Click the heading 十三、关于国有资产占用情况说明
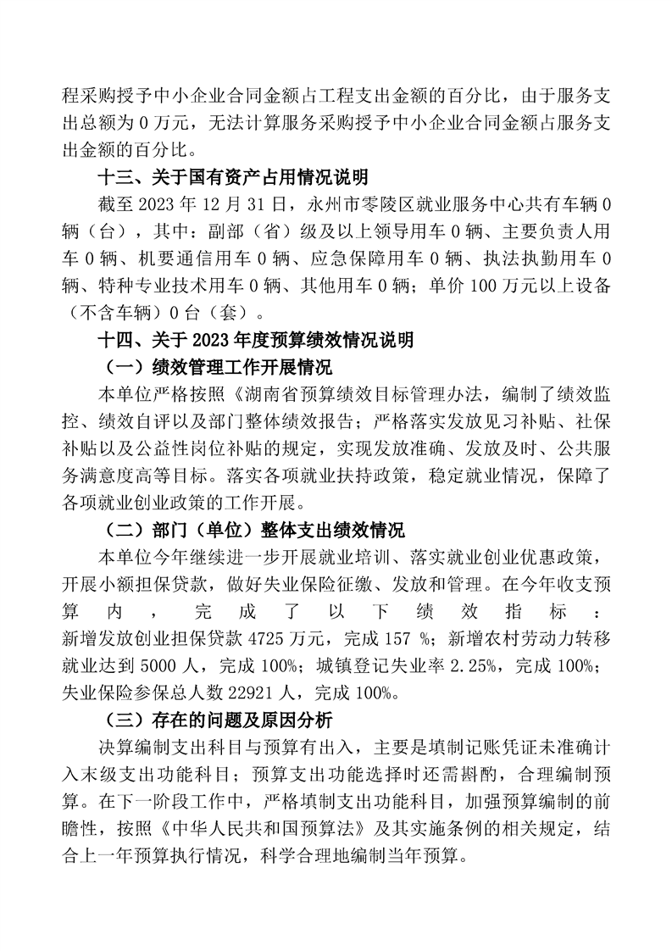point(233,177)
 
